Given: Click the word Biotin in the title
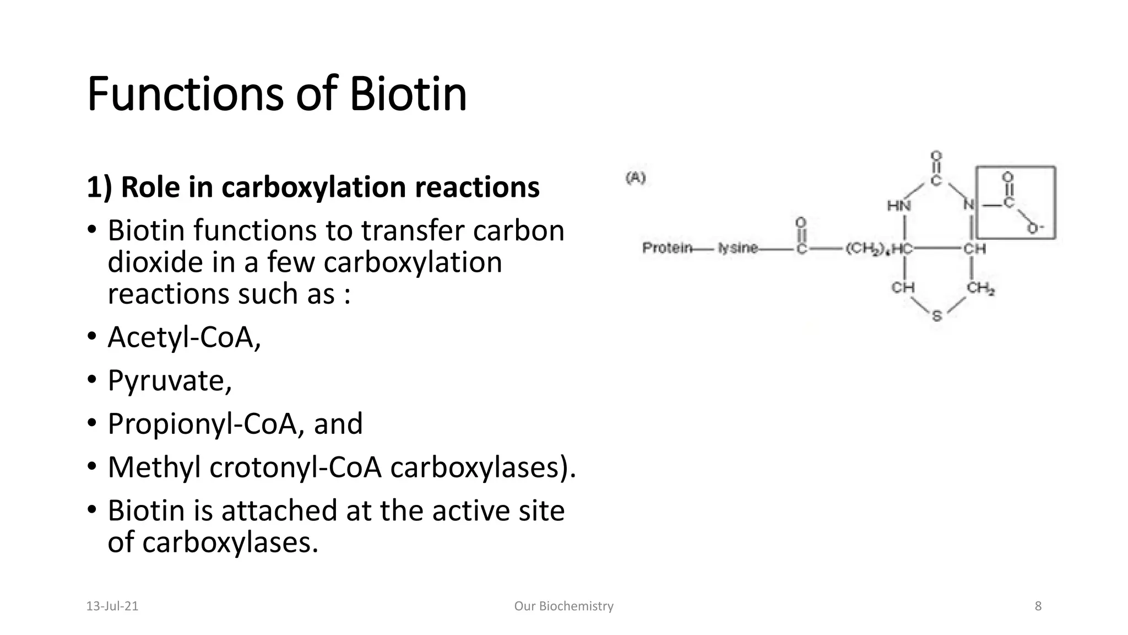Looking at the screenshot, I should click(408, 94).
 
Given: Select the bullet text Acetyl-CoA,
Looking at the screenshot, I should click(184, 337).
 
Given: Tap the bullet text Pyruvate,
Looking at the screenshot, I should click(170, 380).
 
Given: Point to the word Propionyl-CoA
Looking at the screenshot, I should click(202, 424).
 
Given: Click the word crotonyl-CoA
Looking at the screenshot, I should click(295, 467).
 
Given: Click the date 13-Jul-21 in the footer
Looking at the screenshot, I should click(112, 606).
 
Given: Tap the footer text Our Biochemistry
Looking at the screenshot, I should click(563, 606).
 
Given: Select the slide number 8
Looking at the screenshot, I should click(1038, 606).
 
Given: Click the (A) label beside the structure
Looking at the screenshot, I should click(636, 178).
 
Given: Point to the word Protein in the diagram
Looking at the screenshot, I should click(667, 248).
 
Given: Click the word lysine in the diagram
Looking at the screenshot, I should click(737, 249).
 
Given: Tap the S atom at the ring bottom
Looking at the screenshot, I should click(937, 316).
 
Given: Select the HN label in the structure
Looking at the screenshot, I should click(899, 206).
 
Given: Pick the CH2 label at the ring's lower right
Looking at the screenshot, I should click(980, 288).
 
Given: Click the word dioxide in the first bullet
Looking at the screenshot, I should click(155, 262).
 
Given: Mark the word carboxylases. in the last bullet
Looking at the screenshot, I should click(230, 543).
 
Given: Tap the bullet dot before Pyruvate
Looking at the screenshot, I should click(92, 379).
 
